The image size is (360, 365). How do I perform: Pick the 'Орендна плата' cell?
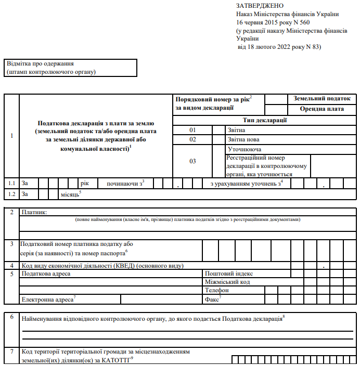coord(322,110)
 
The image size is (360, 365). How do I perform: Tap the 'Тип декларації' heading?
coord(265,120)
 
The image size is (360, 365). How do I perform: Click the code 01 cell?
coord(193,130)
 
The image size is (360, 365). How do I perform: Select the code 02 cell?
coord(193,139)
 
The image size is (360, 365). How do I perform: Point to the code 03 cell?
coord(193,161)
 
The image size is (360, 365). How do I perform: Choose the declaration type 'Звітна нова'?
coord(243,139)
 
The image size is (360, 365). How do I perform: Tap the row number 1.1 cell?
coord(11,184)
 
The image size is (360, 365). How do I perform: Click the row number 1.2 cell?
coord(11,194)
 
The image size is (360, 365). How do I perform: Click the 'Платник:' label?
coord(35,212)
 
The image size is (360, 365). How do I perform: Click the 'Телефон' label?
coord(217,290)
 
